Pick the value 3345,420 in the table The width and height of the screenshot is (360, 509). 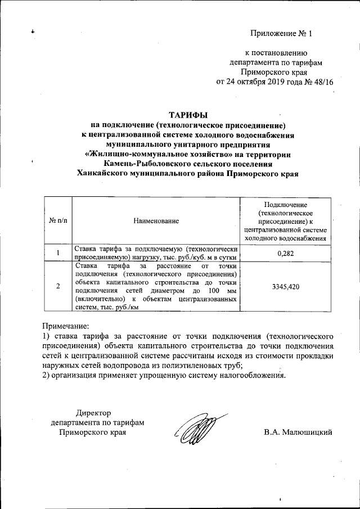[x=285, y=286]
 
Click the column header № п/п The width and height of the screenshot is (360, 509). [x=57, y=221]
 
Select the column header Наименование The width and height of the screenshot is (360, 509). [x=156, y=221]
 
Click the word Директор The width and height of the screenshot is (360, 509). [x=93, y=413]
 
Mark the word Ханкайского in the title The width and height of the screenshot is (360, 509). [x=104, y=174]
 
